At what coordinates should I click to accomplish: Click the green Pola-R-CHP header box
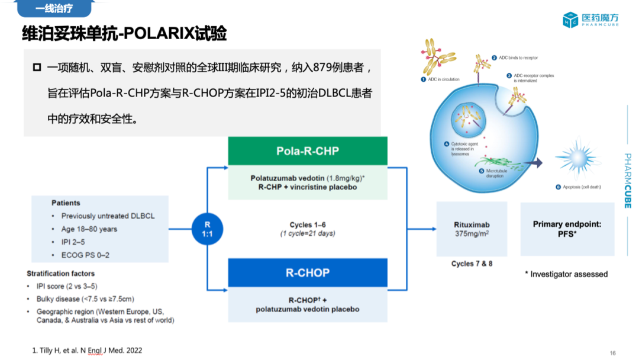pyautogui.click(x=308, y=151)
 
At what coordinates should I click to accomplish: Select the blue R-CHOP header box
pyautogui.click(x=308, y=273)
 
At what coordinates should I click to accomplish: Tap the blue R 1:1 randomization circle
pyautogui.click(x=207, y=229)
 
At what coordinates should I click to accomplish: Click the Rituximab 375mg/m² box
pyautogui.click(x=471, y=229)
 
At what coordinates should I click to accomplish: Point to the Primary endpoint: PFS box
pyautogui.click(x=567, y=229)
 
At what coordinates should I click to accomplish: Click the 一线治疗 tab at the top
pyautogui.click(x=53, y=9)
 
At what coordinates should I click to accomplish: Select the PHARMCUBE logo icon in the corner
pyautogui.click(x=570, y=20)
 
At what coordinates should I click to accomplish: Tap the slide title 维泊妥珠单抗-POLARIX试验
pyautogui.click(x=124, y=34)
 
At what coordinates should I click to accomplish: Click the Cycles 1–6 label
pyautogui.click(x=308, y=225)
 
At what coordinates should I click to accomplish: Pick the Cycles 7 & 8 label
pyautogui.click(x=472, y=263)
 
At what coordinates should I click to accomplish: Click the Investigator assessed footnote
pyautogui.click(x=566, y=274)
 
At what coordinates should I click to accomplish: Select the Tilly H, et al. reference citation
pyautogui.click(x=87, y=351)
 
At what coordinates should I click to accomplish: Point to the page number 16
pyautogui.click(x=612, y=353)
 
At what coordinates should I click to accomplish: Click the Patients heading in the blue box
pyautogui.click(x=66, y=203)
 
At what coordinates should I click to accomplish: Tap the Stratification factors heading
pyautogui.click(x=61, y=274)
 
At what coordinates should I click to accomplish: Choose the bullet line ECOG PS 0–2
pyautogui.click(x=85, y=255)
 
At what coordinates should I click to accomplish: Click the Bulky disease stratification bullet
pyautogui.click(x=85, y=299)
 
